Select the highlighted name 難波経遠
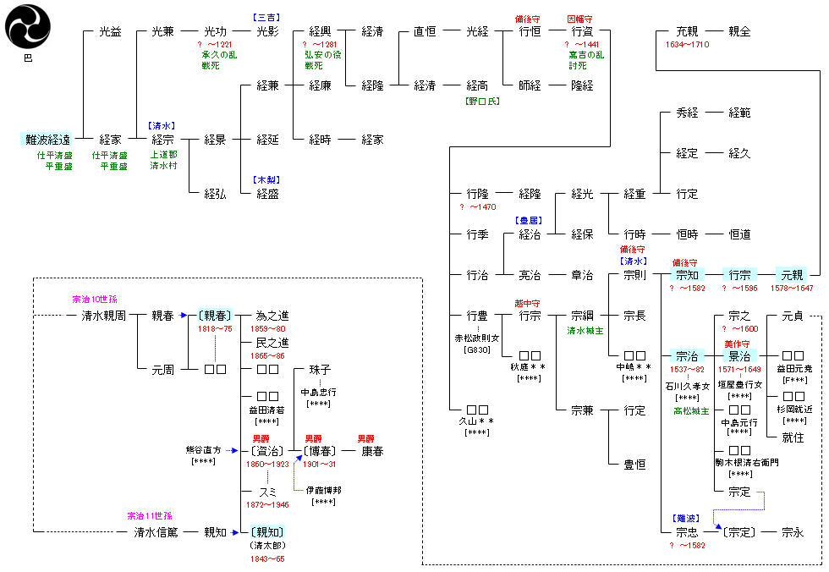coord(47,140)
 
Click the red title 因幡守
coord(581,19)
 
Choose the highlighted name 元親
coord(792,275)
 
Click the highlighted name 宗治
coord(686,356)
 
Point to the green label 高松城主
coord(690,411)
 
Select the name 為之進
coord(272,316)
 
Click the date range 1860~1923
coord(266,465)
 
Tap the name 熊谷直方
coord(204,450)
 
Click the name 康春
coord(372,451)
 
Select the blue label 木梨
coord(266,179)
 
